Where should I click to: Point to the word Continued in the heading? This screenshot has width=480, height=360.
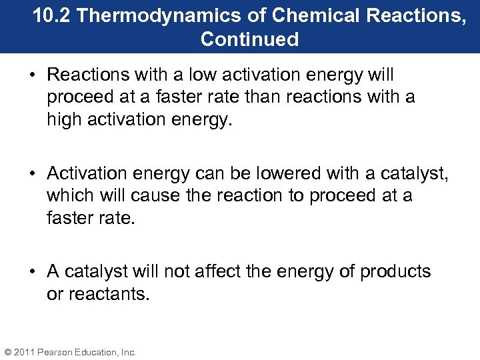tap(249, 39)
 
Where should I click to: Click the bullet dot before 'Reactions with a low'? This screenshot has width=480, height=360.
tap(35, 74)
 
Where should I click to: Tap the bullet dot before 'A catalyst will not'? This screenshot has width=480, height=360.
tap(35, 272)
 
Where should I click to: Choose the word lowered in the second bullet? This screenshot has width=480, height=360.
tap(287, 174)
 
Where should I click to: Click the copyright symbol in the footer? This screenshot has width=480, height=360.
tap(7, 352)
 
